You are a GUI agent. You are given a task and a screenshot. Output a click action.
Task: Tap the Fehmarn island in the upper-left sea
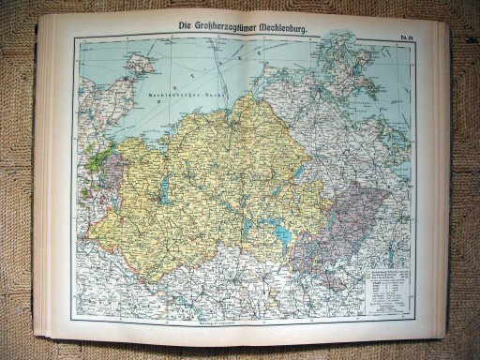click(138, 65)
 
